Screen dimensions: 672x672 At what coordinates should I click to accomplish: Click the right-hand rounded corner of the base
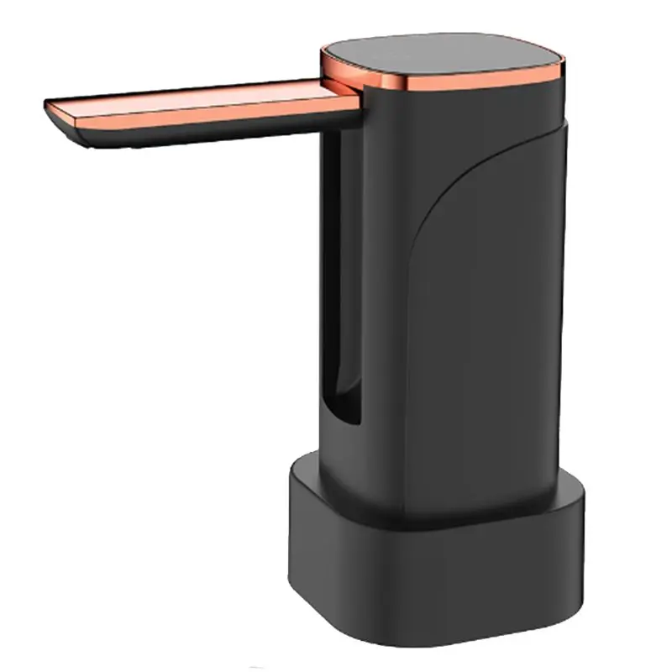pos(580,538)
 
